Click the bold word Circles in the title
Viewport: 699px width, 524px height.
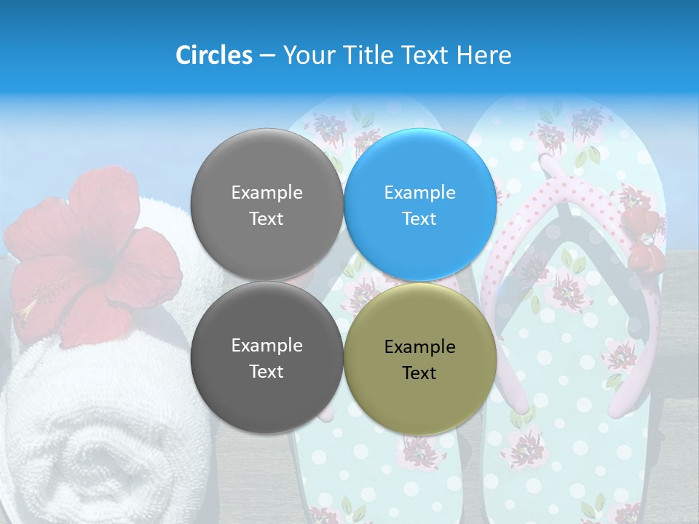click(x=213, y=55)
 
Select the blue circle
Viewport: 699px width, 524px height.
click(x=419, y=205)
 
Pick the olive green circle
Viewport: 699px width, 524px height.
click(x=419, y=359)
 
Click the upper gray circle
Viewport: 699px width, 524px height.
click(x=266, y=205)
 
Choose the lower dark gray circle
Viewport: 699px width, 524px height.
click(x=266, y=358)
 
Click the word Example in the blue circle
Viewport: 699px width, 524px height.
click(x=419, y=193)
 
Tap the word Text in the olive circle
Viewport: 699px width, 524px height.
click(x=419, y=373)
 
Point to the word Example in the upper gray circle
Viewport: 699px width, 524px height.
click(x=266, y=193)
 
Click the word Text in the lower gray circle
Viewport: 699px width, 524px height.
click(x=266, y=372)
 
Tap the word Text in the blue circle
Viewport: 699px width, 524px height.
click(x=419, y=219)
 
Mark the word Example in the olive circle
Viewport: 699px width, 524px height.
click(x=419, y=347)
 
